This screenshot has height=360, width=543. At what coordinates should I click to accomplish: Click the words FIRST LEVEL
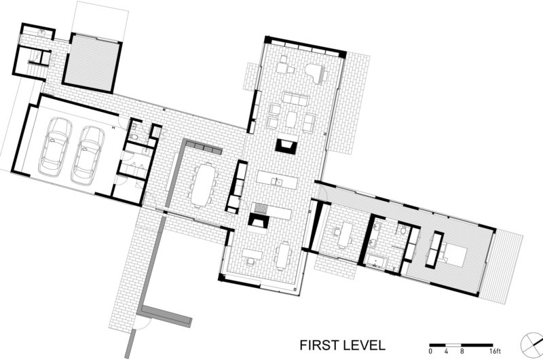coord(342,346)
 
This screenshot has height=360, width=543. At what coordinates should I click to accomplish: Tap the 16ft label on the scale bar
coord(495,351)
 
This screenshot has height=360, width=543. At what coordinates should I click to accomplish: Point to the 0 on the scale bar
coord(430,351)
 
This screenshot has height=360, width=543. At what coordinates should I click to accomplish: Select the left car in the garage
coord(55,146)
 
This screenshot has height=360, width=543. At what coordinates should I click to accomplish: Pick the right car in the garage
coord(88,155)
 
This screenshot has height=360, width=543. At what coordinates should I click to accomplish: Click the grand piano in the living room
coord(316,73)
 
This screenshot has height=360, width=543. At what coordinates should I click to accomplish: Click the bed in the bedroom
coord(455,253)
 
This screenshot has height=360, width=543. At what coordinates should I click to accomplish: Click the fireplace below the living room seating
coord(286,145)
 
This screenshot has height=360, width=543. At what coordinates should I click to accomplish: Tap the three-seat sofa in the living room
coord(295,98)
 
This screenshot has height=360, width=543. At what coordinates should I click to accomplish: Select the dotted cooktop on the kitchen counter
coord(260,208)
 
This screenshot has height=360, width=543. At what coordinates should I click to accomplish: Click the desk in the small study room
coord(345,234)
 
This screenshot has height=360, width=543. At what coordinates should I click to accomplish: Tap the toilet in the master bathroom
coord(402,230)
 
